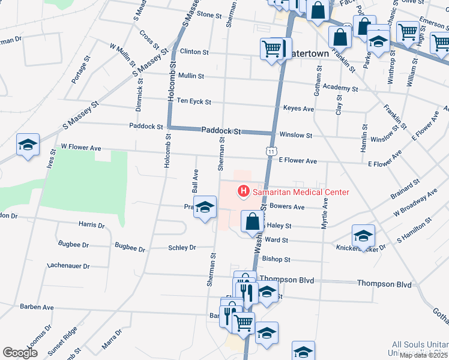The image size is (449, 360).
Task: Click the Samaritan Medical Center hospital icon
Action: click(x=244, y=192)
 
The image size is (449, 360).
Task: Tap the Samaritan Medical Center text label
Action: click(x=301, y=192)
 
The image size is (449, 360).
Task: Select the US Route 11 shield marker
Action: click(x=272, y=152)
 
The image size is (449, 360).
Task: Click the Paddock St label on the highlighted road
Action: click(x=221, y=130)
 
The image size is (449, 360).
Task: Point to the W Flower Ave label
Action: click(x=81, y=147)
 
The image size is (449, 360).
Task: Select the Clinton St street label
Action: click(x=194, y=52)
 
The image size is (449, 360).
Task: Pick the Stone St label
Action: click(x=209, y=14)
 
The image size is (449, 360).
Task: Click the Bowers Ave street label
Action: click(x=288, y=206)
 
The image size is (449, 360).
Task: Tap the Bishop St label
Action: click(x=276, y=259)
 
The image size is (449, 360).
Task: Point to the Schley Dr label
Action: click(x=182, y=247)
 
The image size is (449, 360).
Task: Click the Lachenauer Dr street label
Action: click(x=68, y=266)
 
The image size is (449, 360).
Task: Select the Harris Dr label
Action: click(x=91, y=225)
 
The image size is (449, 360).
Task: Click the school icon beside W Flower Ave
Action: click(x=28, y=146)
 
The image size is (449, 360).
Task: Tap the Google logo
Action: click(x=20, y=353)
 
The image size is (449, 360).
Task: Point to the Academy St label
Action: click(x=340, y=88)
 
